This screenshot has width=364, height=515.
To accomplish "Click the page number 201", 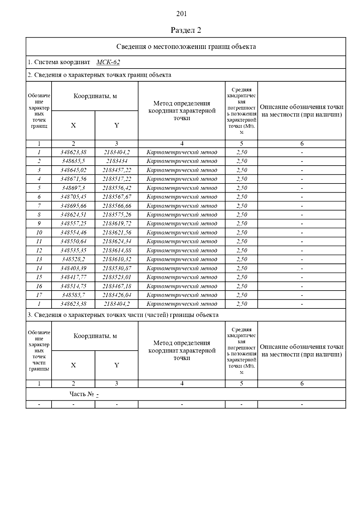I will pos(181,14).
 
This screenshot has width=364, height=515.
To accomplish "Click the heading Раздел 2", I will pos(186,30).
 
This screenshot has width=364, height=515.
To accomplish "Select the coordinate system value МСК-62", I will pos(108,62).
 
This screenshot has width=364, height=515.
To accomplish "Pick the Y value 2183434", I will pos(116,161).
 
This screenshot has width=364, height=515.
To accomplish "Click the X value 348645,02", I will pos(73,170).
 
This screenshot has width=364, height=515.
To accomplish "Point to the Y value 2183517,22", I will pos(116,179).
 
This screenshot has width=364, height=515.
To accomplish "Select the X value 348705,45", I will pos(73,197).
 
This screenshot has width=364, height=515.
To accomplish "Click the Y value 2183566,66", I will pos(116,206).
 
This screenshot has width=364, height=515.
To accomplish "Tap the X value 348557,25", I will pos(73,224).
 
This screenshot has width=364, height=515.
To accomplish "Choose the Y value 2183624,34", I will pos(116,241).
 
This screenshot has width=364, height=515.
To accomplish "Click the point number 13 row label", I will pos(39,259).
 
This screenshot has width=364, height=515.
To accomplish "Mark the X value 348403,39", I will pos(73,268).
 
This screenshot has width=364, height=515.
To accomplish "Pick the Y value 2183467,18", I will pos(116,286).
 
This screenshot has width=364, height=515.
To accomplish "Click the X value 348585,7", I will pos(73,295).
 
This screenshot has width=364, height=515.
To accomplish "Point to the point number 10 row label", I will pos(39,233).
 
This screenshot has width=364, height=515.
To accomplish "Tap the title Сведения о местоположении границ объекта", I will pos(186,47).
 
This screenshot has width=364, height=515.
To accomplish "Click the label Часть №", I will pos(82,394).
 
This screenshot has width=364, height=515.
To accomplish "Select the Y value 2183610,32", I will pos(116,259).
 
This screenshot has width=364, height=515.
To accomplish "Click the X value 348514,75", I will pos(73,286).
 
